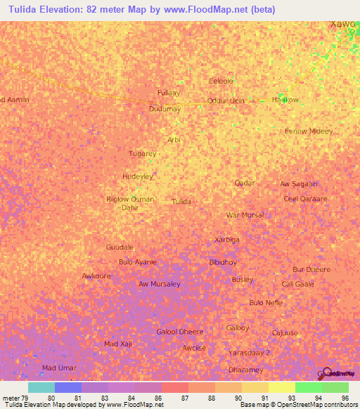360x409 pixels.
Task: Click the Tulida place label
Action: [x=181, y=202]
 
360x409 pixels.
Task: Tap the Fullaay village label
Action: [x=169, y=93]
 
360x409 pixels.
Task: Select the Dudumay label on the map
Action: [x=165, y=109]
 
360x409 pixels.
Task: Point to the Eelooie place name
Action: [x=221, y=81]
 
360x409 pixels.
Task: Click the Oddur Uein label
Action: [x=226, y=100]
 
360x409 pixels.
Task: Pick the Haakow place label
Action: [x=285, y=100]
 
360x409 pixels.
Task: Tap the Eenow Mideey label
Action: [x=308, y=131]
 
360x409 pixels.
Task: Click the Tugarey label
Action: [x=143, y=153]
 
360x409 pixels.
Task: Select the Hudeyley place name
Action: [x=137, y=176]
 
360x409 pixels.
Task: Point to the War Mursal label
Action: [x=245, y=215]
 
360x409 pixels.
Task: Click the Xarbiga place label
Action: [x=226, y=240]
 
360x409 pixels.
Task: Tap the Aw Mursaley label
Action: [x=159, y=284]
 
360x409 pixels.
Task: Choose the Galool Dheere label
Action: [x=179, y=332]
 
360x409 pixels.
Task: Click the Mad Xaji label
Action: [x=117, y=344]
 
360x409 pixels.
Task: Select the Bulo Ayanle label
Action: [x=138, y=262]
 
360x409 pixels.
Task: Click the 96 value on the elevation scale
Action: [x=345, y=397]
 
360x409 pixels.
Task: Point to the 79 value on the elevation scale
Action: [x=25, y=397]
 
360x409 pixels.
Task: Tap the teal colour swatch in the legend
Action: [x=41, y=387]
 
